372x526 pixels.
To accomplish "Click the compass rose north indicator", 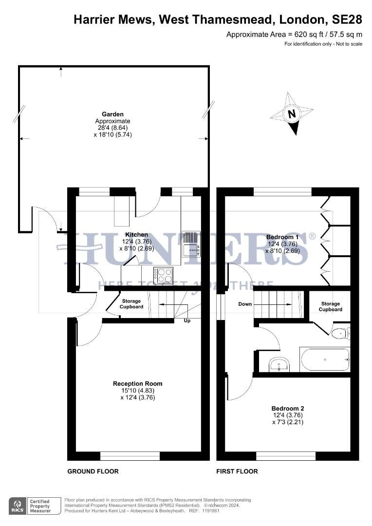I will tap(291, 114).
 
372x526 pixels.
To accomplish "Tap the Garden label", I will tap(112, 114).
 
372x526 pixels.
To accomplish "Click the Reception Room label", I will tap(138, 384).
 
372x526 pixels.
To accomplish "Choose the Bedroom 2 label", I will tap(288, 408).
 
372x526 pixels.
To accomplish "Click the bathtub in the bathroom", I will tap(325, 360).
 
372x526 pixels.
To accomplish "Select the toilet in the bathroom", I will tap(340, 334).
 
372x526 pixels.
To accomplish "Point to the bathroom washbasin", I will tap(279, 364).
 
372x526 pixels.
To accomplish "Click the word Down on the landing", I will tap(245, 304).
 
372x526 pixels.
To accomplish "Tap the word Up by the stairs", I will tap(187, 321).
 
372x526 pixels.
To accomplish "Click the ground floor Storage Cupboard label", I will tap(132, 304).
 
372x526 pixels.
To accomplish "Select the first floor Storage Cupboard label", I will tap(331, 306).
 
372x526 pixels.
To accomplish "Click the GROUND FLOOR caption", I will tap(93, 471).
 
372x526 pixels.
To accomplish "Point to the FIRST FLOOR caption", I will tap(237, 471).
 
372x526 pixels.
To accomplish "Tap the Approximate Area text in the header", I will tap(294, 34).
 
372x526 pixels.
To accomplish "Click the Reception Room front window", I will tap(130, 456).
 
